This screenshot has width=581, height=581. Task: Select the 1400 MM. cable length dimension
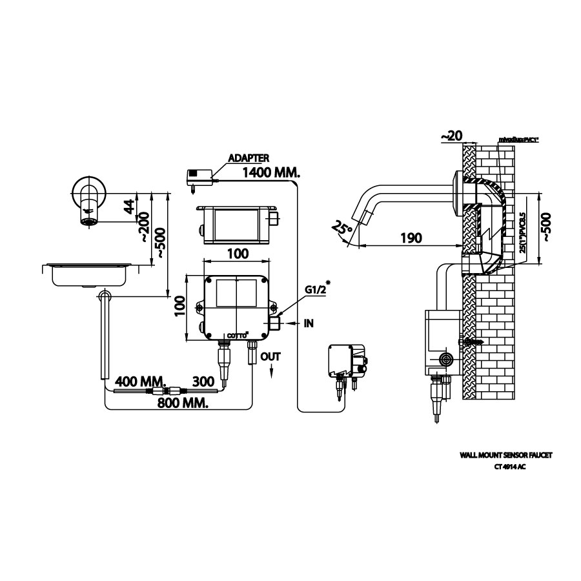pyautogui.click(x=271, y=172)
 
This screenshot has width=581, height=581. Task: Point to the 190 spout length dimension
pyautogui.click(x=411, y=238)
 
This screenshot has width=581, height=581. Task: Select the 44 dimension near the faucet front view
pyautogui.click(x=129, y=207)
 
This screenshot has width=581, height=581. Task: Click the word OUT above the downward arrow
pyautogui.click(x=270, y=356)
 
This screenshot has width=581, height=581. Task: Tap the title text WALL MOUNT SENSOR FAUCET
pyautogui.click(x=506, y=455)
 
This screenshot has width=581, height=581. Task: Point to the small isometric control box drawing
pyautogui.click(x=346, y=362)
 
